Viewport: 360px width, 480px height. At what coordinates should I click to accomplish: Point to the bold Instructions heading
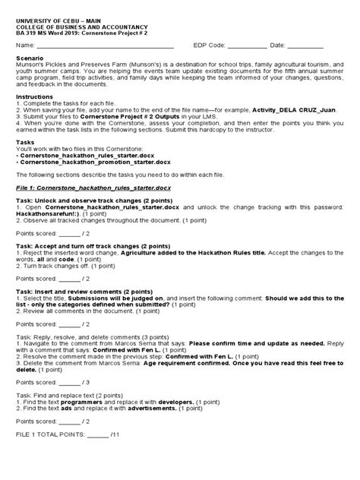click(35, 99)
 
